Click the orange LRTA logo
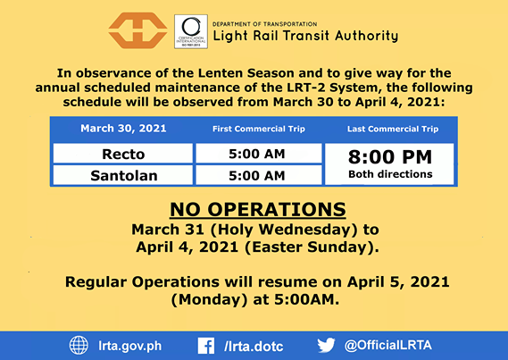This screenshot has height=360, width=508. tap(137, 30)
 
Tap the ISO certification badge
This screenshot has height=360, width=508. tap(191, 31)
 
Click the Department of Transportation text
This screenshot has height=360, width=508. tap(264, 24)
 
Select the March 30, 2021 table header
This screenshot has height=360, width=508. tap(123, 129)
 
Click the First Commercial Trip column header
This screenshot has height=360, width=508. tap(259, 129)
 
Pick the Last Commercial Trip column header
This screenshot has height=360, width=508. tap(393, 129)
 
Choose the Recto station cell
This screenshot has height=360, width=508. tap(123, 154)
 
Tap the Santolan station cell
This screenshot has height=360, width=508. tap(123, 175)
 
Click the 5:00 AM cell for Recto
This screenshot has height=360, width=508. tap(259, 154)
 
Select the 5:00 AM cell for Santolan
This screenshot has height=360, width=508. tap(259, 175)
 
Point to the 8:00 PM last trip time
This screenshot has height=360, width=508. tap(390, 157)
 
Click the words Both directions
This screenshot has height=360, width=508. tap(390, 174)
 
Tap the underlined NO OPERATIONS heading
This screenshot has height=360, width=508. tap(258, 209)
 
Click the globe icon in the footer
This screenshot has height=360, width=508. tap(79, 346)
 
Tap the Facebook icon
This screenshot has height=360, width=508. tap(206, 346)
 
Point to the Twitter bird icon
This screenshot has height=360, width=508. tap(326, 345)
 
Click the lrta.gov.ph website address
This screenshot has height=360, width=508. tap(130, 346)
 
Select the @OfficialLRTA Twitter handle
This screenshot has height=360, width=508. tap(388, 346)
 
